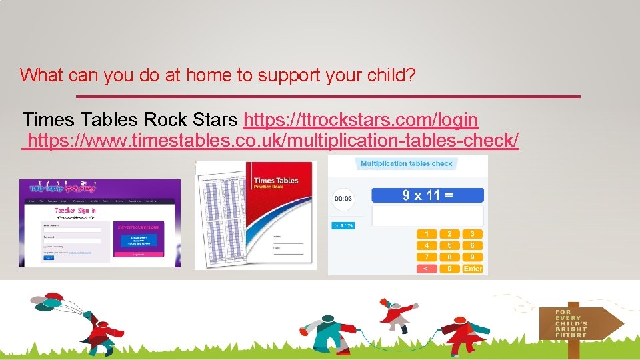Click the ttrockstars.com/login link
click(x=361, y=120)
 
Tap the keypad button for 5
click(x=449, y=245)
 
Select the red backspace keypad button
click(x=427, y=269)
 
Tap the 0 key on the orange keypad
click(x=449, y=269)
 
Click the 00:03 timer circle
click(x=343, y=198)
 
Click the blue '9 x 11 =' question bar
click(x=427, y=195)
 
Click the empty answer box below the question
click(x=427, y=215)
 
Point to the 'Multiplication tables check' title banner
click(x=406, y=164)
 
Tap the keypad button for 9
click(x=472, y=257)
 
